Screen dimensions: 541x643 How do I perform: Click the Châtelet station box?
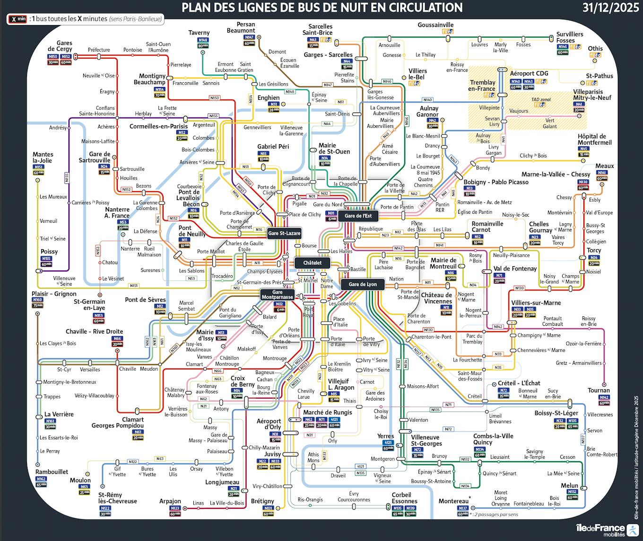(313, 262)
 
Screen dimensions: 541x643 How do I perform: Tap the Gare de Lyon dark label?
(363, 284)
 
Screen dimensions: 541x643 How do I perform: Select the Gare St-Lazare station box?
(284, 233)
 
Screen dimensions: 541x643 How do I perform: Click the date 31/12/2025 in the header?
(610, 8)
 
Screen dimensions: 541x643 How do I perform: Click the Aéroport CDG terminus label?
(529, 73)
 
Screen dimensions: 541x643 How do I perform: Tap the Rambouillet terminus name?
(52, 471)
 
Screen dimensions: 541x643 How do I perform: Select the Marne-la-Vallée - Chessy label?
(556, 174)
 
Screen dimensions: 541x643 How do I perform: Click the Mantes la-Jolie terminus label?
(43, 157)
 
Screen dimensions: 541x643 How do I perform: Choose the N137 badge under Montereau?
(463, 508)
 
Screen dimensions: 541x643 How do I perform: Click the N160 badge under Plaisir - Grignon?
(37, 300)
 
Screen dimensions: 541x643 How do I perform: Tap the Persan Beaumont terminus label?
(245, 27)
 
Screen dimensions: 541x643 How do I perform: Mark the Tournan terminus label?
(599, 391)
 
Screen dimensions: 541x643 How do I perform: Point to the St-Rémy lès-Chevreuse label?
(117, 498)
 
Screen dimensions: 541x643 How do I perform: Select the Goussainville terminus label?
(435, 25)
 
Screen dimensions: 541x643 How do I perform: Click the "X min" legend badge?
(17, 19)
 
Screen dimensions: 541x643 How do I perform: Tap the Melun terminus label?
(569, 486)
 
